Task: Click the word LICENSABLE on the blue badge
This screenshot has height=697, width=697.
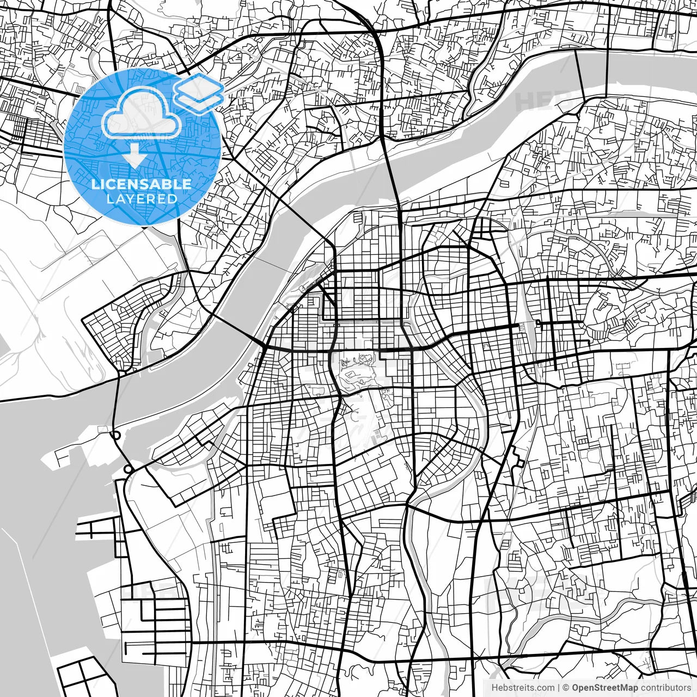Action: tap(142, 184)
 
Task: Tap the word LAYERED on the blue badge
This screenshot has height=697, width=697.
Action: tap(142, 199)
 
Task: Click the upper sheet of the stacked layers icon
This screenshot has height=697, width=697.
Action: tap(199, 87)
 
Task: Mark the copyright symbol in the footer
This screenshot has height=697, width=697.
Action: tap(566, 688)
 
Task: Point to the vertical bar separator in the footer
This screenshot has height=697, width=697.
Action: tap(559, 688)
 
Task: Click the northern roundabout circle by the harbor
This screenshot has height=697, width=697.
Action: tap(116, 435)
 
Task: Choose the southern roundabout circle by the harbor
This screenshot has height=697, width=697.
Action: tap(128, 469)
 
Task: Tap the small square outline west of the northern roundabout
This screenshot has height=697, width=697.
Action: tap(102, 430)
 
